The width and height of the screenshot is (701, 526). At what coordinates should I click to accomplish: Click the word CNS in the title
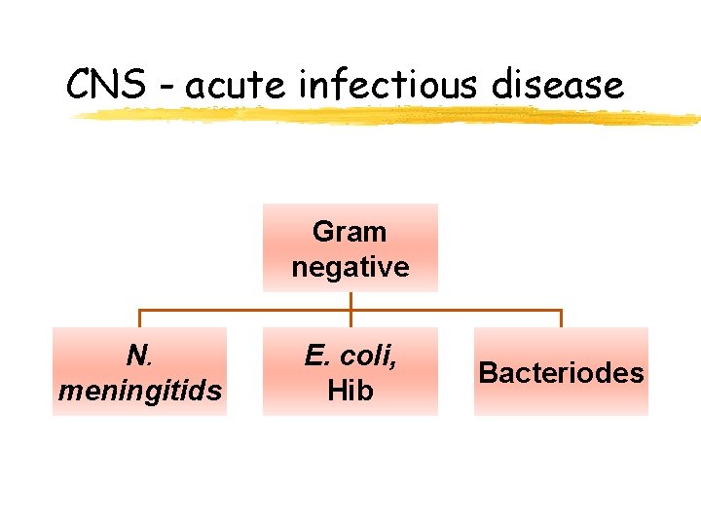[x=103, y=86]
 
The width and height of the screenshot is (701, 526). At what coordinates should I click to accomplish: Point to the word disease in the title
[x=557, y=86]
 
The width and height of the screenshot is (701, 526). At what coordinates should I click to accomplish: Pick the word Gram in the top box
[x=350, y=232]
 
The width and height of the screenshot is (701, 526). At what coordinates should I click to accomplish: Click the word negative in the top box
[x=350, y=267]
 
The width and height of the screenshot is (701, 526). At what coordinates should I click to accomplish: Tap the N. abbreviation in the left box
[x=139, y=357]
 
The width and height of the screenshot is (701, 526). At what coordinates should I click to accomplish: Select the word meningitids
[x=139, y=392]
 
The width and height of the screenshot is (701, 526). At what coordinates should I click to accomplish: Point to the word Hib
[x=350, y=392]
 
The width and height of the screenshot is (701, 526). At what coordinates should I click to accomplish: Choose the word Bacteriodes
[x=561, y=373]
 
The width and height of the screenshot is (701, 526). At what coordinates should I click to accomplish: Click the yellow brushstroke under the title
[x=389, y=117]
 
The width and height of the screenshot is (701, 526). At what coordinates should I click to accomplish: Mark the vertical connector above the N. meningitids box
[x=139, y=319]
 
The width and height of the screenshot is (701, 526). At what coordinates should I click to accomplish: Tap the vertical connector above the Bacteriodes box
[x=561, y=319]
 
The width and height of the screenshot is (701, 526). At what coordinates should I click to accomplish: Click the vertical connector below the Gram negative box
[x=350, y=301]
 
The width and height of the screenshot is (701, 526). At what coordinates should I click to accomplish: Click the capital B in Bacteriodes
[x=488, y=373]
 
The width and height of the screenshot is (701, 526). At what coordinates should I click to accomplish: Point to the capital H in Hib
[x=337, y=392]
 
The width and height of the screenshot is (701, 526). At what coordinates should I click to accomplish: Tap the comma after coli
[x=393, y=364]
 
